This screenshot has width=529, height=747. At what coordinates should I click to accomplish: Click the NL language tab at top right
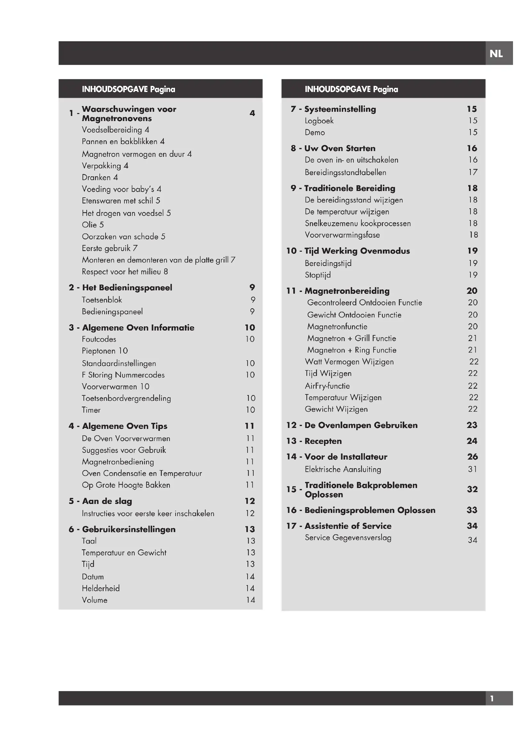[496, 53]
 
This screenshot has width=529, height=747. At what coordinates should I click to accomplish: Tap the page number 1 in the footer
[492, 698]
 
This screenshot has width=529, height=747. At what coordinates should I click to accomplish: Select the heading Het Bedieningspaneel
[127, 288]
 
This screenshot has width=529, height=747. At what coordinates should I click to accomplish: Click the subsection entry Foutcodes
[99, 339]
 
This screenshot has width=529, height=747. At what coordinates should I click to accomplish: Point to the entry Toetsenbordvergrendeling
[126, 398]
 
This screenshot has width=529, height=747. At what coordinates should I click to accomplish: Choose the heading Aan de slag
[107, 501]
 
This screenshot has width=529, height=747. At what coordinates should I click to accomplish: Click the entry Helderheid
[101, 588]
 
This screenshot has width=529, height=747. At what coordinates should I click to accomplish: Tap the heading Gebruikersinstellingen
[129, 529]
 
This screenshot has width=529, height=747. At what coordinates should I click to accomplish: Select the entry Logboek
[319, 121]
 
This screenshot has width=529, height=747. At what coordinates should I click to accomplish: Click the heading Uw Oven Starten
[340, 149]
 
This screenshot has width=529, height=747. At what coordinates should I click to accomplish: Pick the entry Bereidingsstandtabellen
[346, 172]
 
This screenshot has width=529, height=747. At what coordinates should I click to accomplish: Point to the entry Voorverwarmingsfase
[342, 235]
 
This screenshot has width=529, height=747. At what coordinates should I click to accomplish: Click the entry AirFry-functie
[328, 386]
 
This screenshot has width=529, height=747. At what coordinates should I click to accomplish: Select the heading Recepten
[323, 441]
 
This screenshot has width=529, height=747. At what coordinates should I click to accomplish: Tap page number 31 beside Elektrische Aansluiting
[472, 469]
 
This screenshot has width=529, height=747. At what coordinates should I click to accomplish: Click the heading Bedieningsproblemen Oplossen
[370, 510]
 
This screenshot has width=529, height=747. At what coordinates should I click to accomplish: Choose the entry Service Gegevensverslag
[348, 537]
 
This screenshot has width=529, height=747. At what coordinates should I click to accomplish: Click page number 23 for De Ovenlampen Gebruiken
[472, 425]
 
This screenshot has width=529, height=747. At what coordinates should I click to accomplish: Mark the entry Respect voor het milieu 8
[125, 272]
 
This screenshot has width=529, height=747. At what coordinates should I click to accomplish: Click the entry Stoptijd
[318, 275]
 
